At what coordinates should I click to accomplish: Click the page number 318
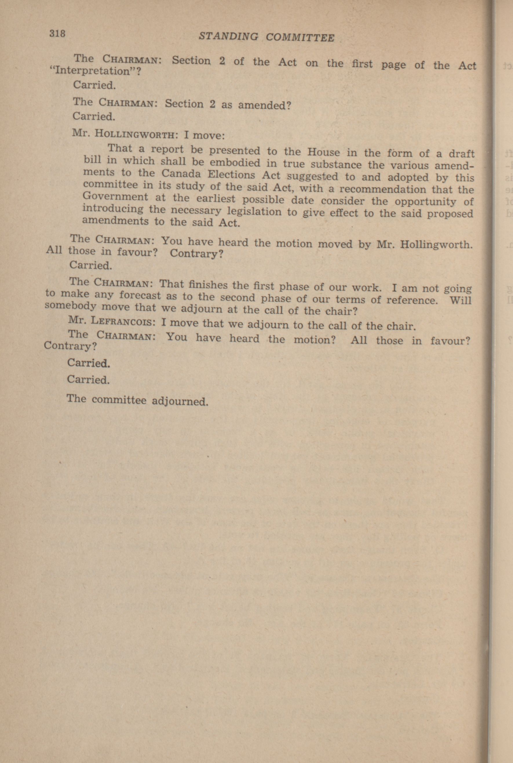(57, 33)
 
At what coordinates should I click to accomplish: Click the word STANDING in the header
(228, 37)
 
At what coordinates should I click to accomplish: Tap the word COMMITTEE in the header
(300, 38)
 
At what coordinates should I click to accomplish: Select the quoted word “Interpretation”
(94, 71)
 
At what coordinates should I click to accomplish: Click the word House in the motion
(323, 152)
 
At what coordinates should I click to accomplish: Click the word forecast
(140, 296)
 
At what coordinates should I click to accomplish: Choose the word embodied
(235, 163)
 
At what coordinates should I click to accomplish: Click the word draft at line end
(461, 154)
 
